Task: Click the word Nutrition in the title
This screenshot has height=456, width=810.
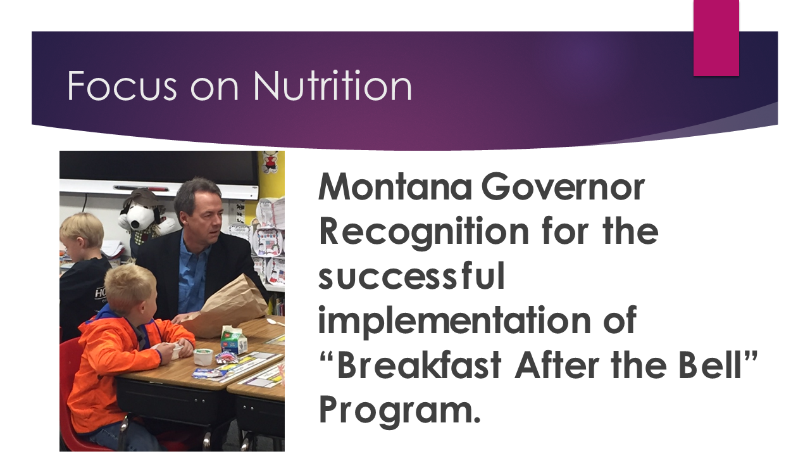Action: click(x=332, y=85)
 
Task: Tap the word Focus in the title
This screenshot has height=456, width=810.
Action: click(x=122, y=85)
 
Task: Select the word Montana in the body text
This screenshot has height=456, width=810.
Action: click(x=395, y=187)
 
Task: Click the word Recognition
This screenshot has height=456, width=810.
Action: click(x=424, y=232)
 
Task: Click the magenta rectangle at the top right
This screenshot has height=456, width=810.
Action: click(x=716, y=38)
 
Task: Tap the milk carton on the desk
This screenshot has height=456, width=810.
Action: click(x=234, y=340)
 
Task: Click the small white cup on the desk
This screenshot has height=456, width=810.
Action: click(x=204, y=357)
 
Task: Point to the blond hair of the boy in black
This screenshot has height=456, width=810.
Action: click(x=82, y=228)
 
